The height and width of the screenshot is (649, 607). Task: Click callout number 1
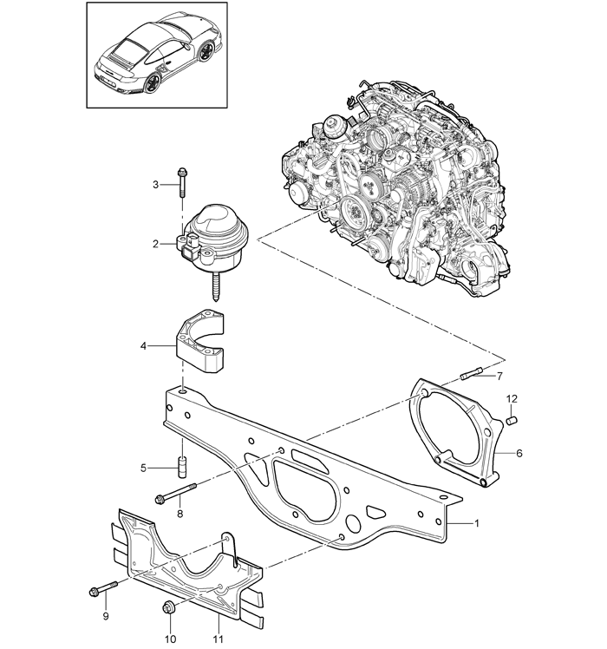point(476,523)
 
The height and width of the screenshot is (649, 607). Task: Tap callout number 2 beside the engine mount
point(155,244)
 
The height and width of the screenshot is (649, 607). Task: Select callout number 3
point(155,184)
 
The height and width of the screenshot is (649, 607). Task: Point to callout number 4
point(143,345)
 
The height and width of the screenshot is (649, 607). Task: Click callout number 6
point(519,453)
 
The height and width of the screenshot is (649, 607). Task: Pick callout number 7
point(499,376)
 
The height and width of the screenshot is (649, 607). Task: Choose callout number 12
point(512,398)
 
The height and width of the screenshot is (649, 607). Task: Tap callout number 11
point(218,639)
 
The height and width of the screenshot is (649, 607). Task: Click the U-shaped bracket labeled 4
point(201,342)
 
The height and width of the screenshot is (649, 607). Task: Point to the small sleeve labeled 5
point(181,468)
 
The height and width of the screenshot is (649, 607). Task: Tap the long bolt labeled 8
point(175,493)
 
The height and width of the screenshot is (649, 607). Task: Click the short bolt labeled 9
point(103,588)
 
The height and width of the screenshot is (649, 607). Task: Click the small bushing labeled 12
point(512,420)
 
